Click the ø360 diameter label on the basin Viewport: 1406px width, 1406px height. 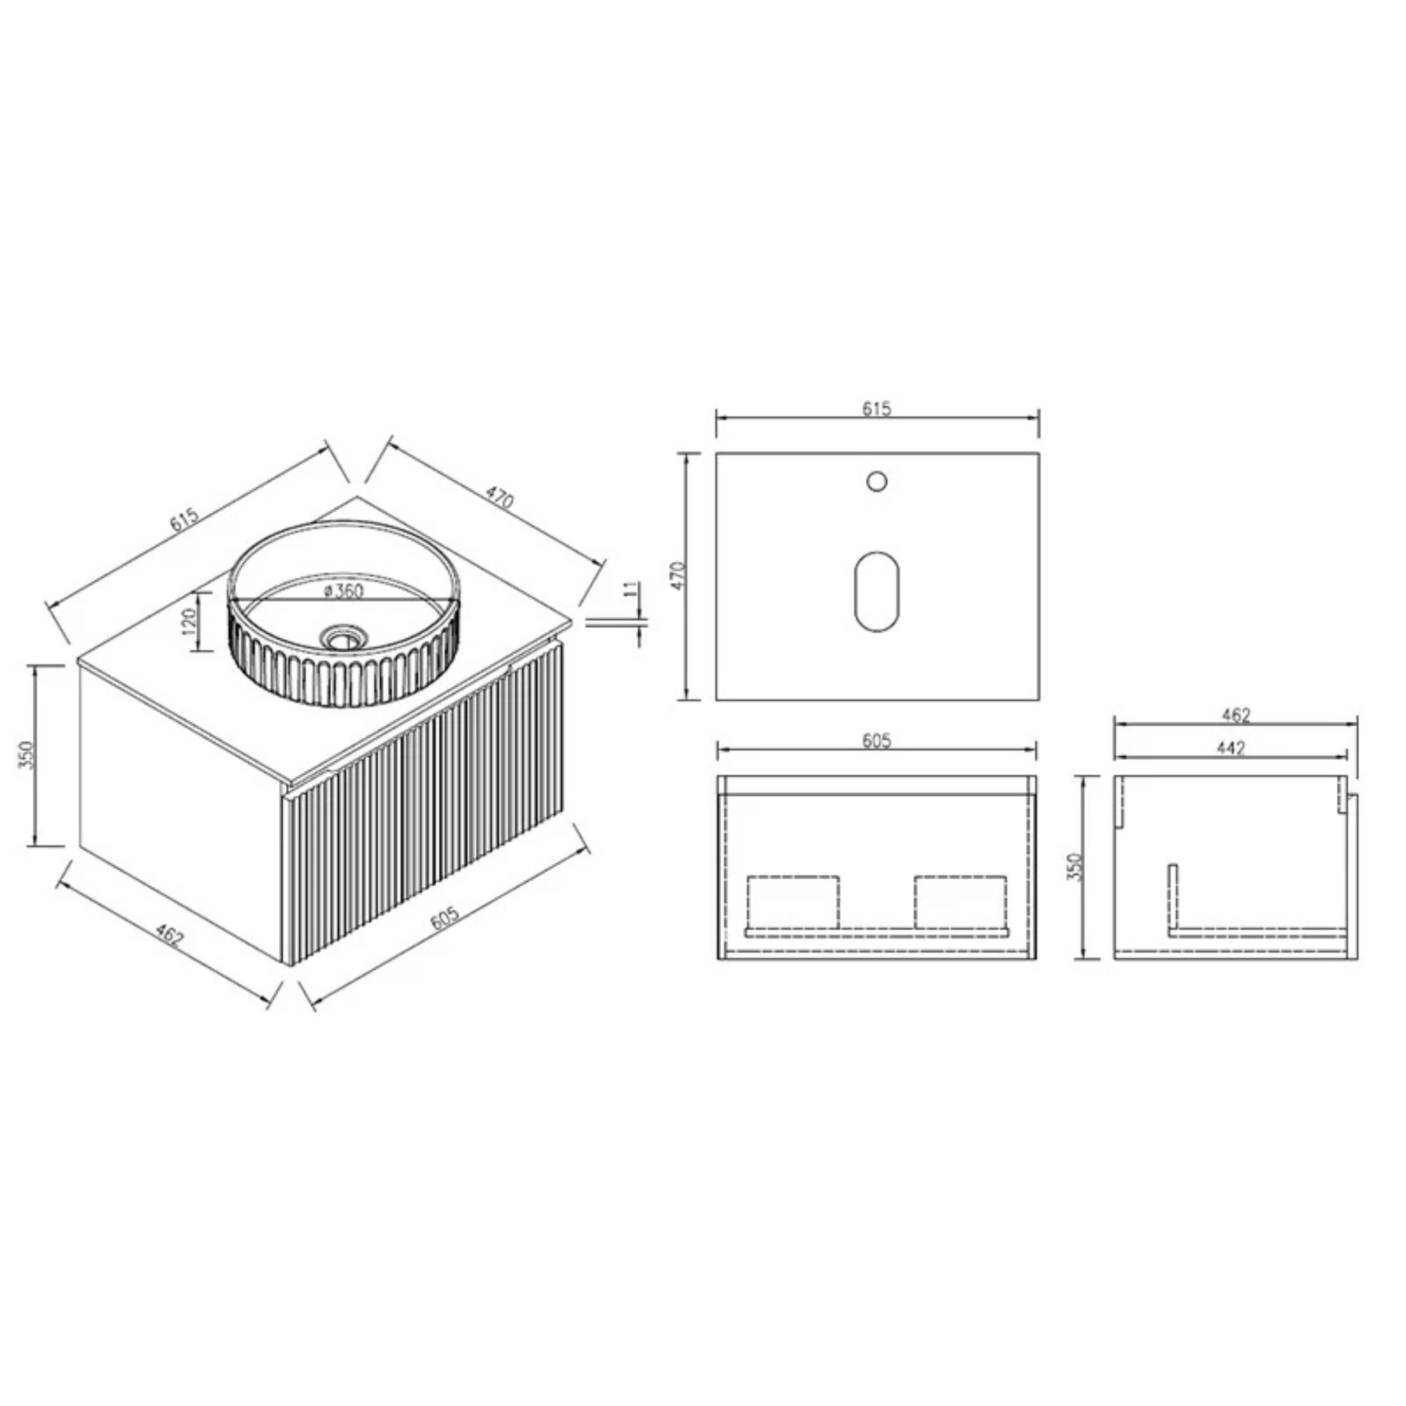(344, 591)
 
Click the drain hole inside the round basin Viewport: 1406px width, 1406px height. (338, 638)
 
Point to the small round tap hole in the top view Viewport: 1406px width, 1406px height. (877, 481)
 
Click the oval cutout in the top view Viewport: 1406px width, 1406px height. (877, 591)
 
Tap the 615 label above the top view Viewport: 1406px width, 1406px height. (877, 409)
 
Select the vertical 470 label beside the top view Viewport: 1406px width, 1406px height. (679, 576)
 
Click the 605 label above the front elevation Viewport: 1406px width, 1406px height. (877, 741)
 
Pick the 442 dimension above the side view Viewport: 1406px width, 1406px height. (1231, 747)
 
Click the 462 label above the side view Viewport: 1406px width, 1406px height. (1236, 716)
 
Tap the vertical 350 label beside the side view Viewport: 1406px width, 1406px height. (1076, 866)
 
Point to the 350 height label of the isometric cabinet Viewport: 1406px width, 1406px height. (27, 756)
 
